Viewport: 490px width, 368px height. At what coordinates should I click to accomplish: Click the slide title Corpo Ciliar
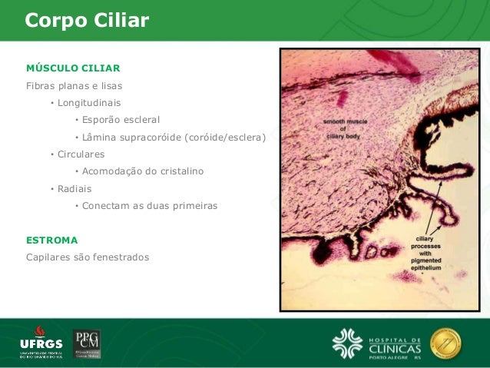click(87, 20)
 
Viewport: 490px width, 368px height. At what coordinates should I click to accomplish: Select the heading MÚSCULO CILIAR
click(73, 68)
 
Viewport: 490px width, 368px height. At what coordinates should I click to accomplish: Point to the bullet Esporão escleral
click(121, 120)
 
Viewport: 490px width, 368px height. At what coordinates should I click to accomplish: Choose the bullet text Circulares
click(81, 154)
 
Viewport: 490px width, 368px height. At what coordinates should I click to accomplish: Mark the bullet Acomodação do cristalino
click(143, 171)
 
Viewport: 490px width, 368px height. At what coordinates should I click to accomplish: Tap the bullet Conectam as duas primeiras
click(150, 206)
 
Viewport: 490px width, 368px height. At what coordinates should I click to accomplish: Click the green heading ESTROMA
click(52, 240)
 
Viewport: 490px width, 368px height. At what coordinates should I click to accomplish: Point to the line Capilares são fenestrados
click(88, 257)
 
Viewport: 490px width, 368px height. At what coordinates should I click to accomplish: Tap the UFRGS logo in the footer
click(41, 344)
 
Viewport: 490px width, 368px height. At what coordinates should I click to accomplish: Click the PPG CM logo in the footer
click(87, 343)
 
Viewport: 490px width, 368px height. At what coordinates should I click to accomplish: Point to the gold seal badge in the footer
click(445, 343)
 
